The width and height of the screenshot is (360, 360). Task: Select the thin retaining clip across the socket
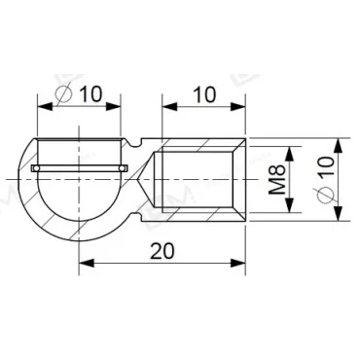click(78, 169)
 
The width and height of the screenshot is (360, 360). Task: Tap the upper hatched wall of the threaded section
click(199, 143)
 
